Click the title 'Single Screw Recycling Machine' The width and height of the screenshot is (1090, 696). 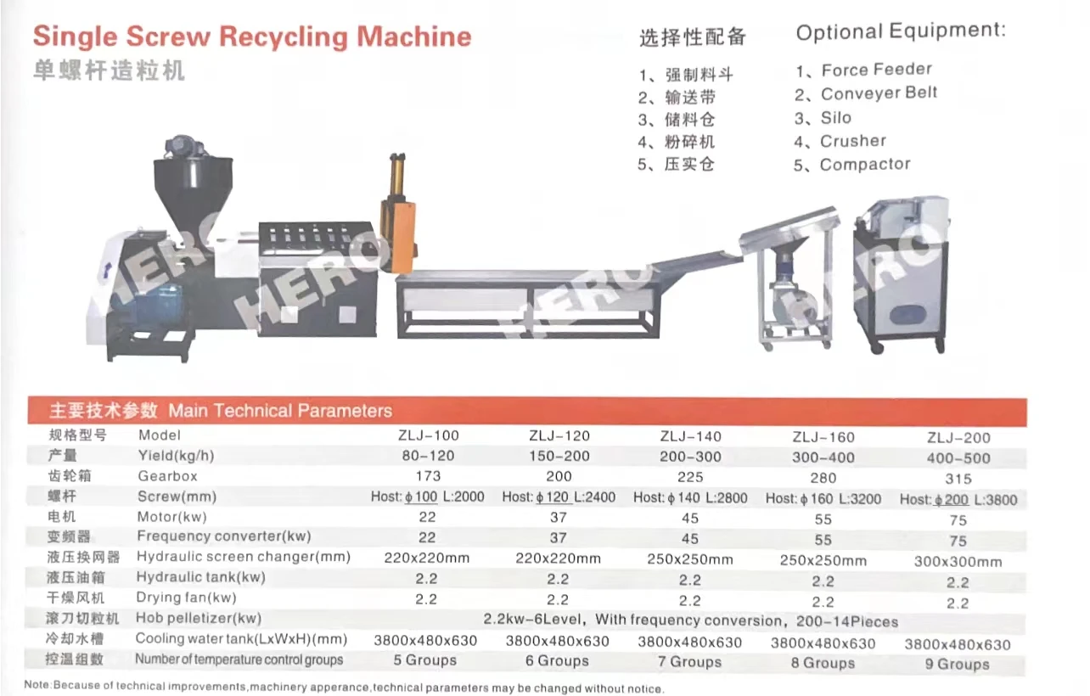click(251, 37)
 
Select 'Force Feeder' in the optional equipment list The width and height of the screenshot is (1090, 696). click(876, 70)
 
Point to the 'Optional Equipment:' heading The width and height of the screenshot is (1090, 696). click(900, 31)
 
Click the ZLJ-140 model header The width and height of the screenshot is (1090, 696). click(690, 436)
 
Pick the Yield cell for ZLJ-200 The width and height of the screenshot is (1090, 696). click(958, 458)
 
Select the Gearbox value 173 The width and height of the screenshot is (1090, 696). click(428, 476)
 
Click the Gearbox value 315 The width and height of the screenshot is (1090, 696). click(958, 480)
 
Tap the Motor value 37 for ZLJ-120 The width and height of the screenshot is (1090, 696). click(558, 517)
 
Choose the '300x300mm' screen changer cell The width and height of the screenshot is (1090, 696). click(958, 562)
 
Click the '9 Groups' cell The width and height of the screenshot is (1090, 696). click(958, 665)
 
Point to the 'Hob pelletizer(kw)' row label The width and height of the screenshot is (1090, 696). click(199, 618)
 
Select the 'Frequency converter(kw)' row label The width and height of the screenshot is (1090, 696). click(224, 536)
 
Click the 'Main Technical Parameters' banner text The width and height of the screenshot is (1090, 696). click(280, 412)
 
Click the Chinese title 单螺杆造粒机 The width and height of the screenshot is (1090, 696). click(109, 71)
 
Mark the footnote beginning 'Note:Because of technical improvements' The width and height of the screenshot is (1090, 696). click(344, 686)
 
